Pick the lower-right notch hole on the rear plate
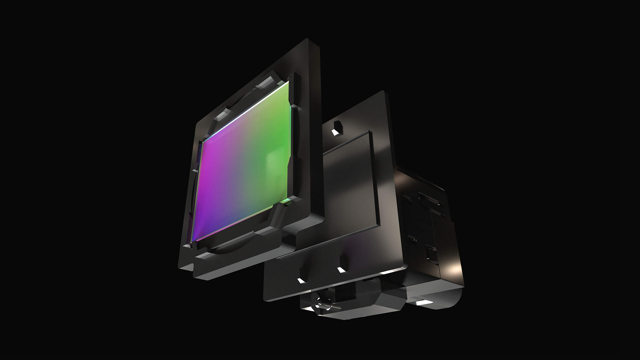click(342, 270)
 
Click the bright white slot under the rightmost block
click(422, 303)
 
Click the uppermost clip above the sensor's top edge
click(267, 83)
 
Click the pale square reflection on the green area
click(276, 162)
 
